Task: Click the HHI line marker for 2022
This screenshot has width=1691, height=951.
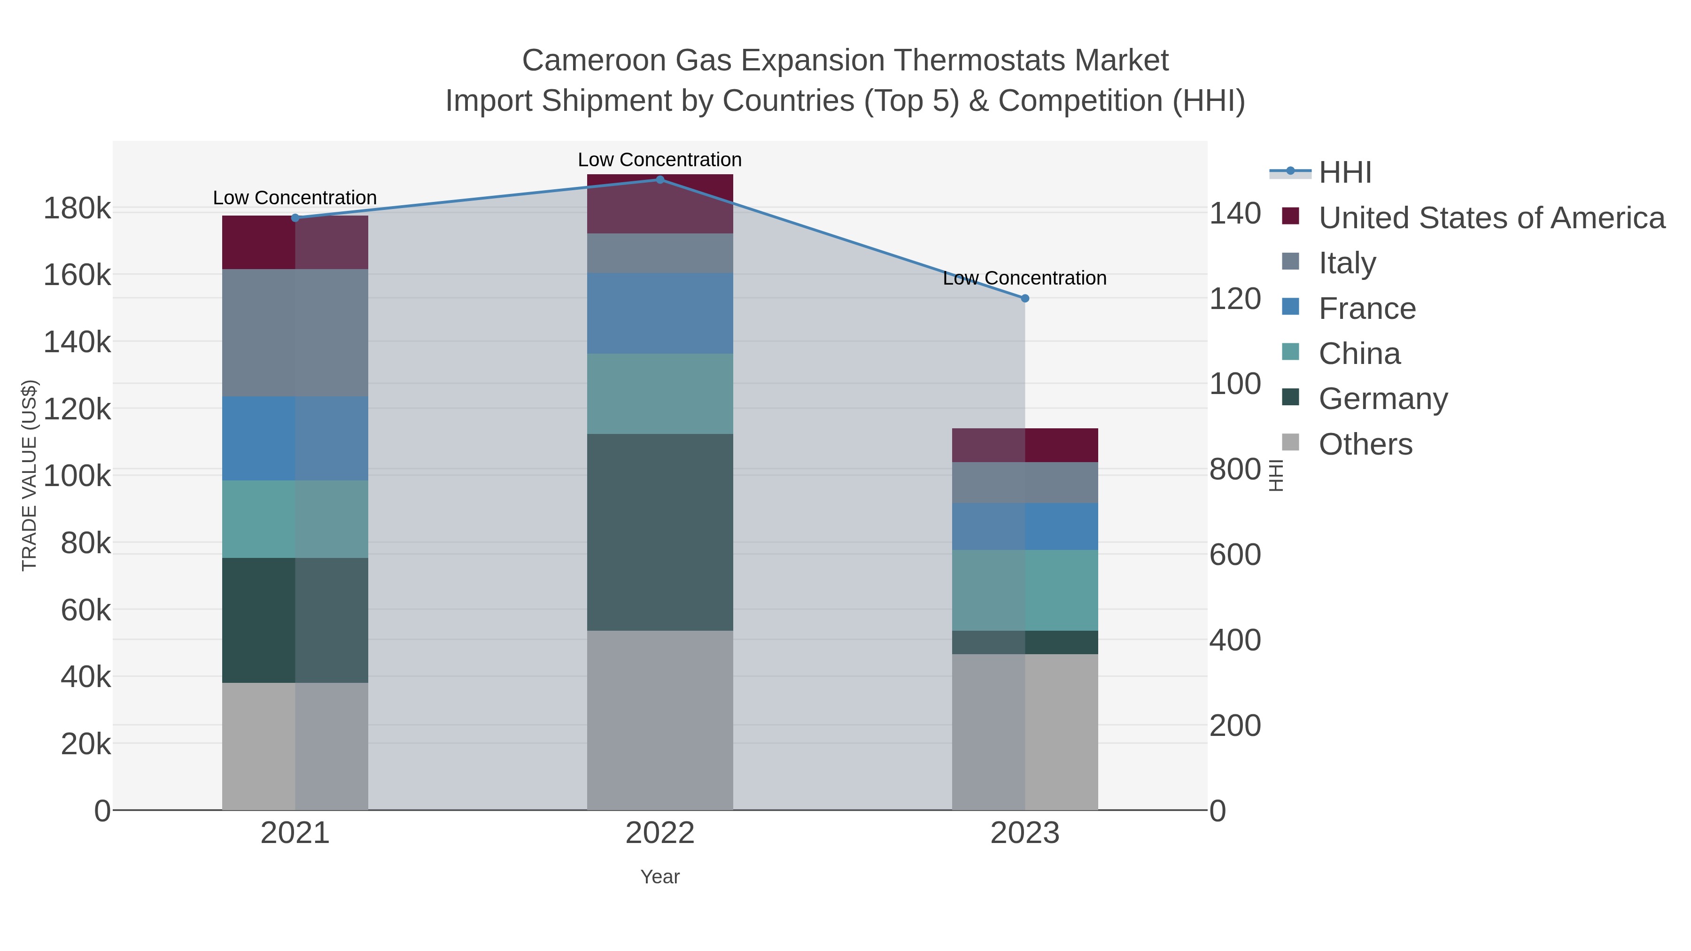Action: [x=660, y=180]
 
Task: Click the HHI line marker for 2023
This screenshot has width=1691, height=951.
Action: [x=1025, y=299]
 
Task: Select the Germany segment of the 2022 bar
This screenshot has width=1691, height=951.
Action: [x=660, y=532]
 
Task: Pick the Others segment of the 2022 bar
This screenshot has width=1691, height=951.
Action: [x=660, y=720]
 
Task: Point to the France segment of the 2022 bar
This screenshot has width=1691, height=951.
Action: [x=660, y=313]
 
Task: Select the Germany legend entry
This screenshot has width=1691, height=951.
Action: [x=1382, y=399]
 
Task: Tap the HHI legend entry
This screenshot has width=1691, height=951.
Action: [x=1344, y=173]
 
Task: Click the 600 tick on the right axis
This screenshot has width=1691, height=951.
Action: [x=1235, y=555]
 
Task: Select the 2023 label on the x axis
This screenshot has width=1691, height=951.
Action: [x=1025, y=834]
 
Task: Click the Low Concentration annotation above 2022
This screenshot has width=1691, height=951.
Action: [x=660, y=160]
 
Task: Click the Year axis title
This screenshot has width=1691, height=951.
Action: [x=660, y=877]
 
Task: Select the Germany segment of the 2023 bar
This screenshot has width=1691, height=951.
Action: [x=1025, y=642]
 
